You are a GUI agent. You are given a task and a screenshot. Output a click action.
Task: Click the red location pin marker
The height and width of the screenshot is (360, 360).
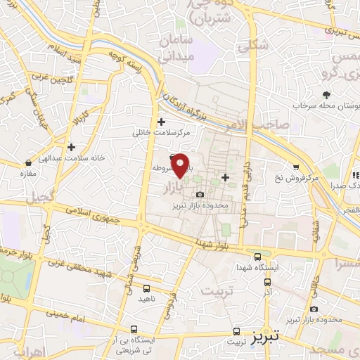[x=181, y=165]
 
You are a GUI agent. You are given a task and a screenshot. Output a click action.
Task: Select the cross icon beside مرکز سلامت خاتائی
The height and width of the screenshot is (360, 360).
[x=162, y=122]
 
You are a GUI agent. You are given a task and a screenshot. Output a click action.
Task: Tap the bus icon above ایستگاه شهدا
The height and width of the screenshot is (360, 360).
[x=258, y=257]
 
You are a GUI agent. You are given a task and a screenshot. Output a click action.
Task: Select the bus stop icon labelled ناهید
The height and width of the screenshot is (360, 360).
[x=146, y=288]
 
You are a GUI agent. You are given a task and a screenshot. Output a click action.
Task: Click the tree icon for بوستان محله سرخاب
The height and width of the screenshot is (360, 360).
[x=326, y=95]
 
